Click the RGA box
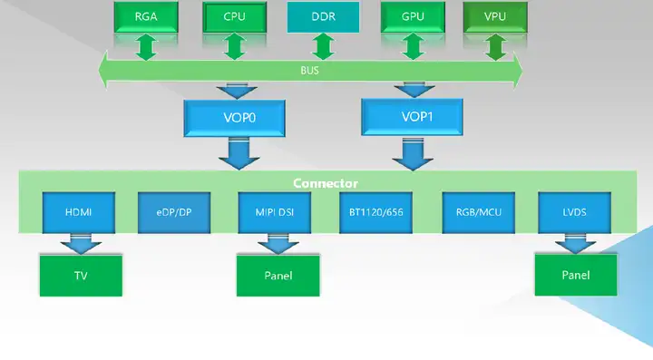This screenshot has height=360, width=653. tap(144, 15)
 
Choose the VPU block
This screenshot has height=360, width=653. tap(496, 15)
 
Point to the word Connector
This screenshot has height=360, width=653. tap(326, 183)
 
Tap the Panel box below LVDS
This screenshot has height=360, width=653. tap(576, 275)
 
